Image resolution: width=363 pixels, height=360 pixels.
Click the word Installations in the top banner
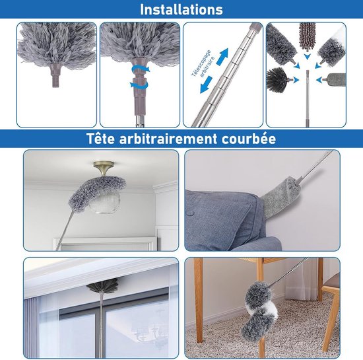click(181, 10)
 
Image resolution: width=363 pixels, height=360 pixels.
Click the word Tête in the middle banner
click(100, 139)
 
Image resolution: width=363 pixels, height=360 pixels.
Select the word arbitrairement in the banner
click(168, 139)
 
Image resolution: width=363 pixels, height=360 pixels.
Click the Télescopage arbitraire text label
click(203, 64)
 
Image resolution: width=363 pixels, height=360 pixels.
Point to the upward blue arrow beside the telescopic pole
click(222, 57)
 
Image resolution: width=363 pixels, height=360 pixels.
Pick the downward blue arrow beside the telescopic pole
click(206, 85)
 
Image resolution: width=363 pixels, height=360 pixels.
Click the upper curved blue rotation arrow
click(141, 69)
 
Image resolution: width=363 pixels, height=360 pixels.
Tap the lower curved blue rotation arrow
click(139, 84)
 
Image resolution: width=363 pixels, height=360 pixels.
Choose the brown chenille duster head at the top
click(307, 36)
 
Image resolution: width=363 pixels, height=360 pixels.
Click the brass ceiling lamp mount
click(104, 168)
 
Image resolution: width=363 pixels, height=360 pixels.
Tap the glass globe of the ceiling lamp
click(104, 201)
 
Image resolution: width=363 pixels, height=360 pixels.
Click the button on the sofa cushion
click(190, 213)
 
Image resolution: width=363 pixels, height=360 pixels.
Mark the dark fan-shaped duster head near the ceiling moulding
click(102, 285)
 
